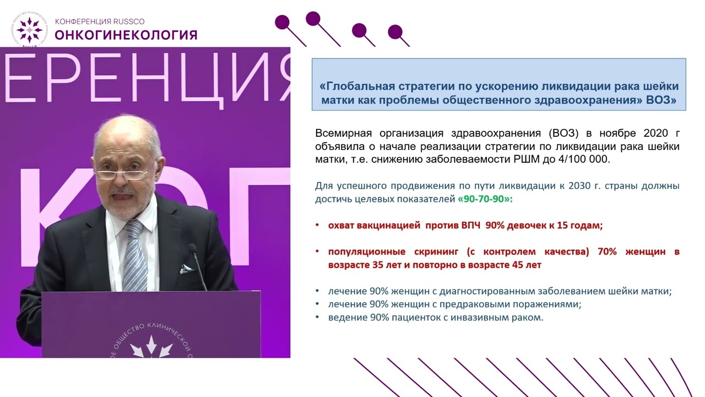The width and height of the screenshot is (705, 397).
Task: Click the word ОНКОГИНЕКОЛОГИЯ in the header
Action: coord(126,35)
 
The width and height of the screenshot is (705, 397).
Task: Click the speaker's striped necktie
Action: coord(134,254)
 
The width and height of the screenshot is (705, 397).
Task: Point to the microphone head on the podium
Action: coord(193,251)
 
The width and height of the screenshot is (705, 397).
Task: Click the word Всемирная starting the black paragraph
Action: coord(339,133)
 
